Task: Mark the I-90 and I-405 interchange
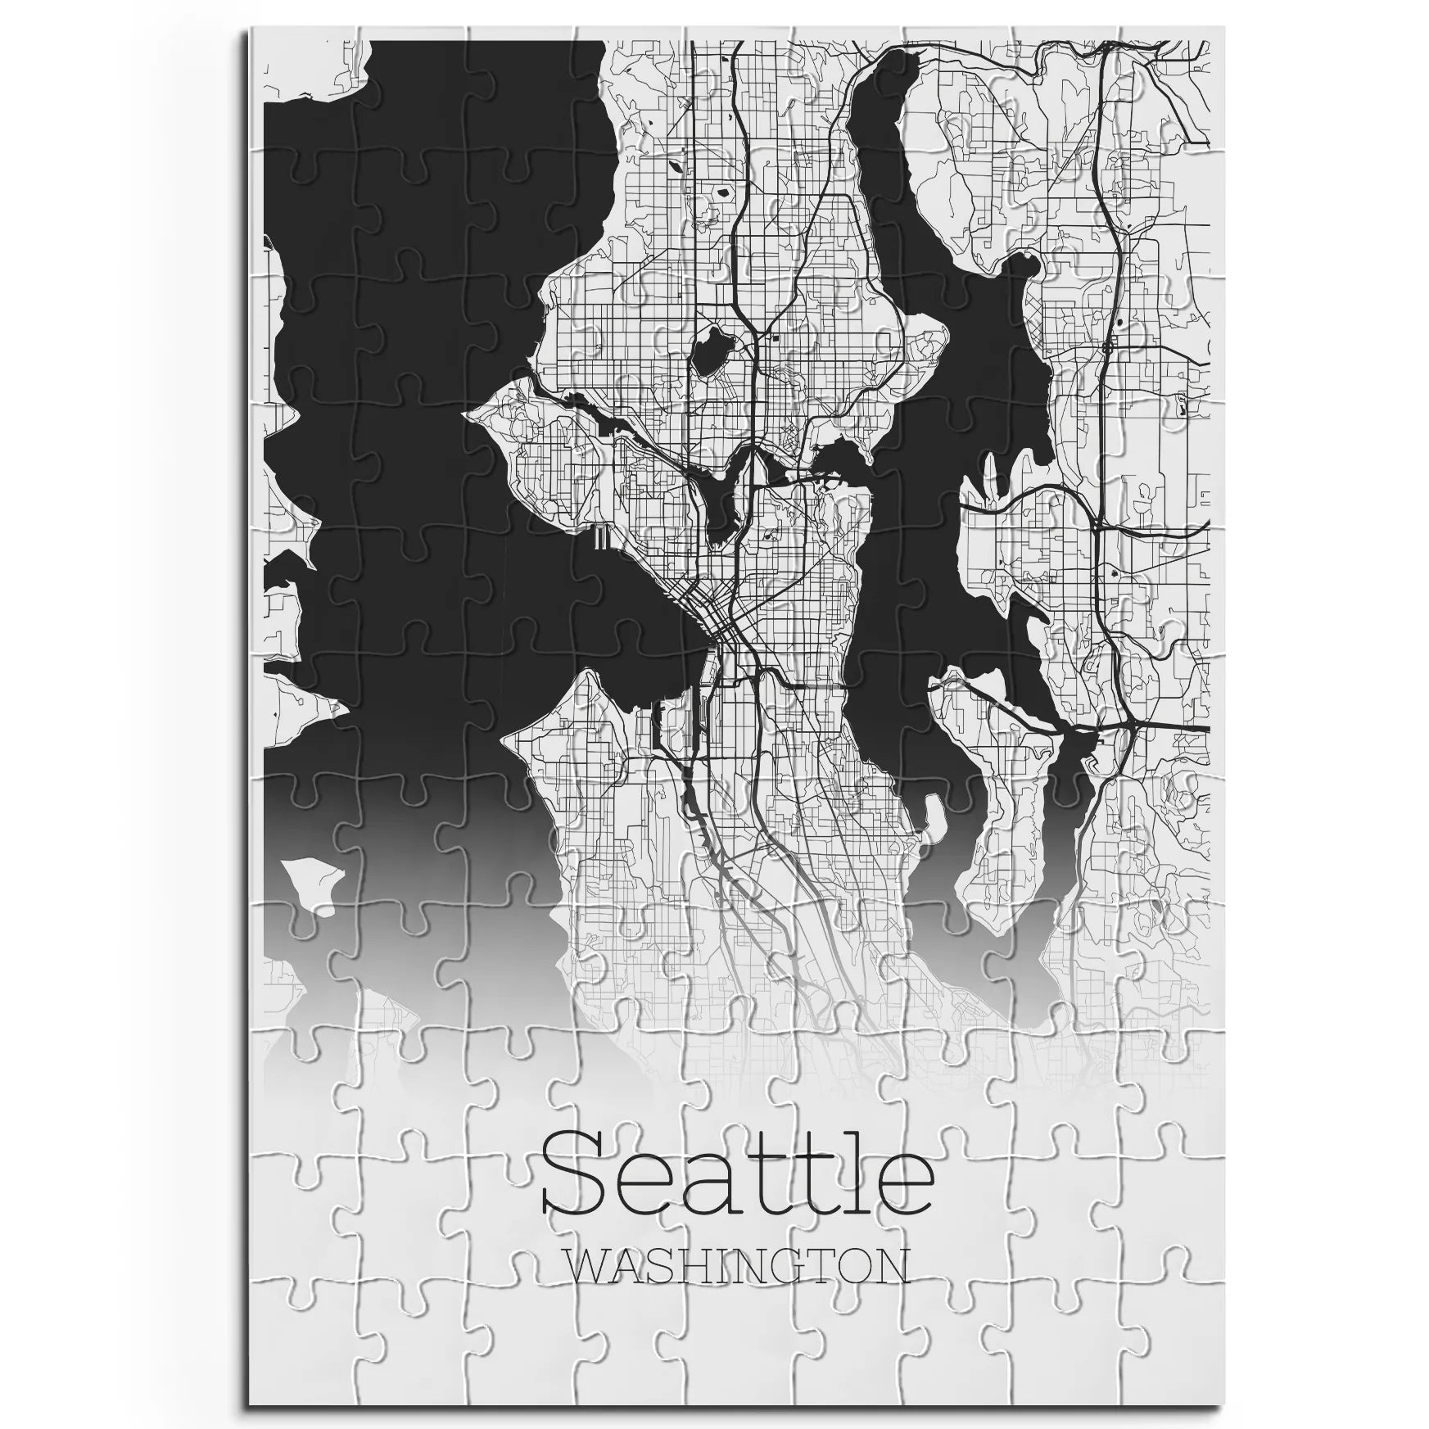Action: tap(1129, 726)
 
